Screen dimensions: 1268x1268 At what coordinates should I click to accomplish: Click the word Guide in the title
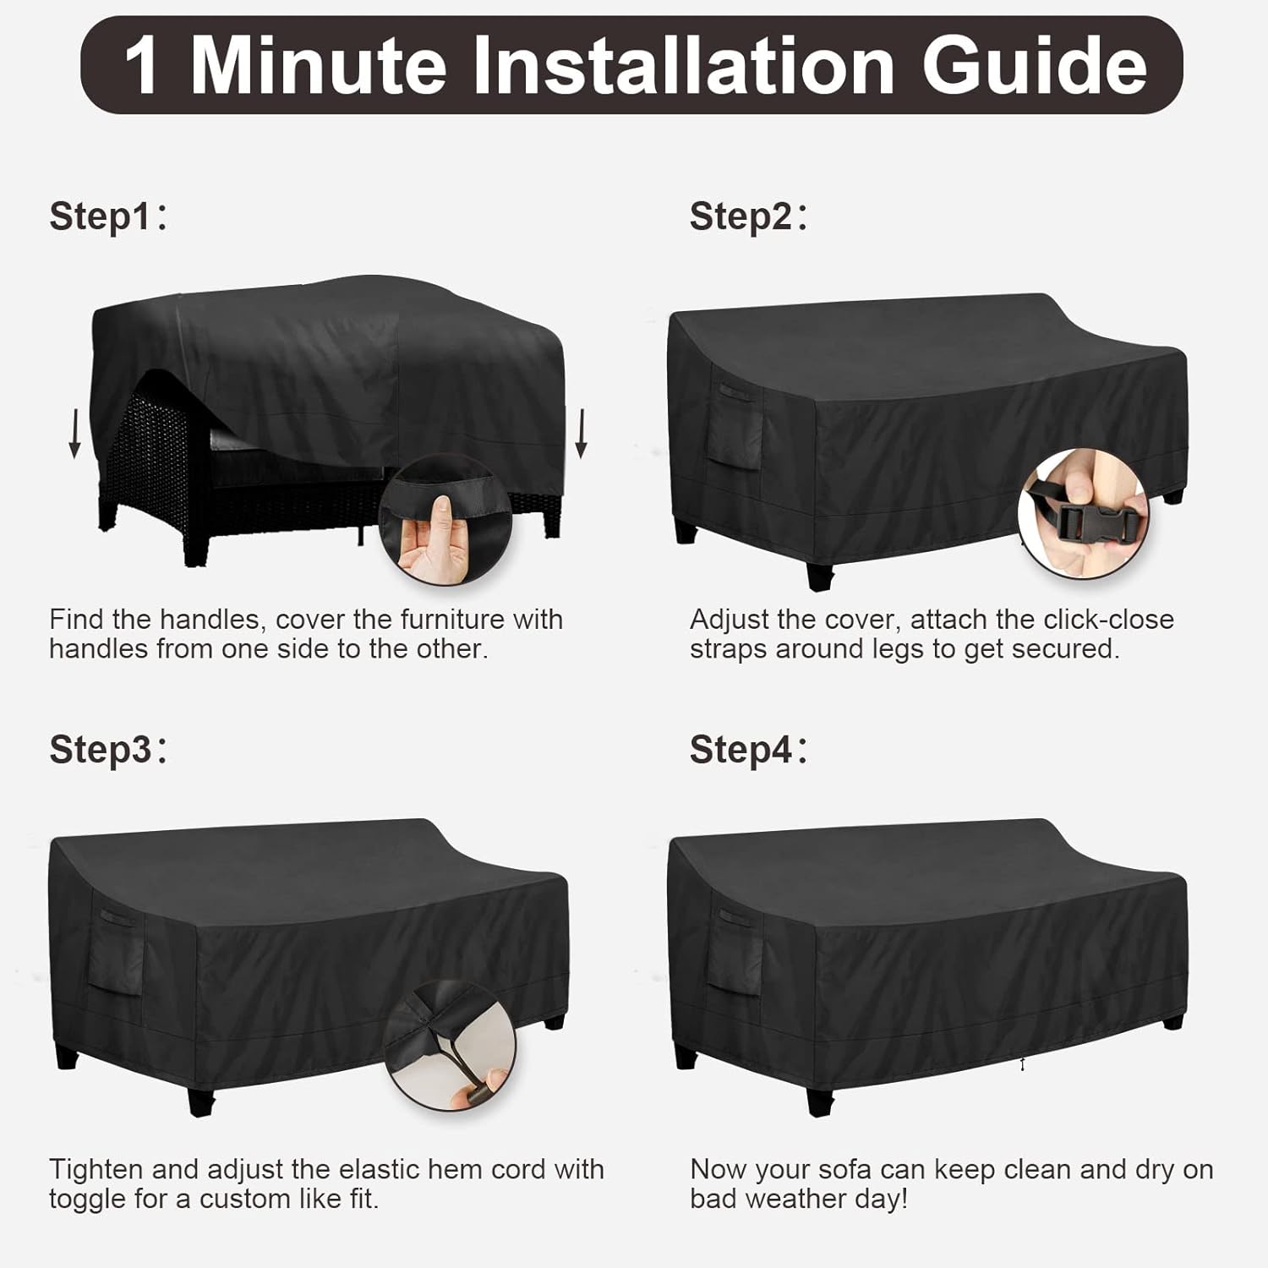click(1034, 66)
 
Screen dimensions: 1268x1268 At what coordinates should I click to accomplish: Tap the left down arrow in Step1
click(75, 432)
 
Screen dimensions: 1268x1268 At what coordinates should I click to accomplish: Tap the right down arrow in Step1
click(581, 432)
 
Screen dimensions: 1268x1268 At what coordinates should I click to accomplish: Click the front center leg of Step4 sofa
click(819, 1100)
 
